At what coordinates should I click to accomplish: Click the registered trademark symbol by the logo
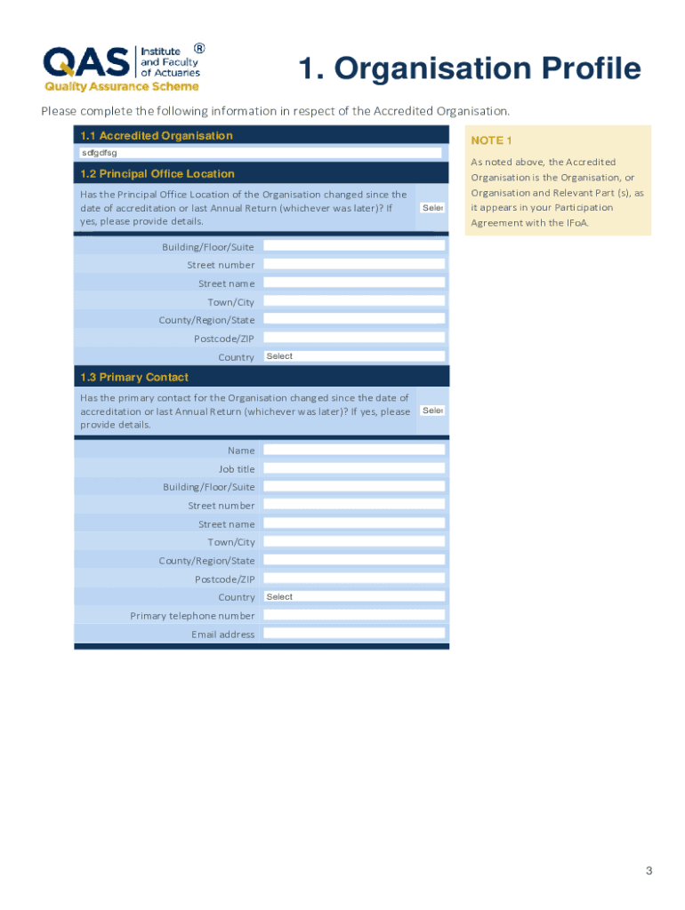click(x=199, y=49)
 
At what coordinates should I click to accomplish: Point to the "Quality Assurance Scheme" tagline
click(x=123, y=87)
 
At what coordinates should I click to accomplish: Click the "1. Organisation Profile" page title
click(x=469, y=68)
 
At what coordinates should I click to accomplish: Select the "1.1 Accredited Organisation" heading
click(x=157, y=136)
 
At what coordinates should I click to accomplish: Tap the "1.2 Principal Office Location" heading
click(x=157, y=174)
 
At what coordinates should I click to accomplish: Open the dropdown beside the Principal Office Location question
click(x=432, y=208)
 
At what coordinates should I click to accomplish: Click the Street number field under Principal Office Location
click(x=354, y=265)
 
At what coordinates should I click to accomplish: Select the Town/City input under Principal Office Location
click(x=354, y=301)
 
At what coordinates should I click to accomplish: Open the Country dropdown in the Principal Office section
click(x=354, y=356)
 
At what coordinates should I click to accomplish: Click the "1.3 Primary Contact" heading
click(x=134, y=378)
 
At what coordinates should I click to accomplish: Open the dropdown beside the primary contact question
click(x=432, y=411)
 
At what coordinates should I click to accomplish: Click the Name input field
click(x=354, y=450)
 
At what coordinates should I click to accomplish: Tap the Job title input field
click(x=354, y=468)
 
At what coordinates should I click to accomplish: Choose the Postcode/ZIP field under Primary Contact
click(x=354, y=579)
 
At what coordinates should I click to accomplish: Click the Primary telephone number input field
click(x=354, y=615)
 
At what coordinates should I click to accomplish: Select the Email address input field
click(x=354, y=634)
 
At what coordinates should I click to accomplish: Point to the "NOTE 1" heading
click(x=492, y=141)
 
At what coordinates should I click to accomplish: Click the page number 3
click(x=649, y=871)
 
